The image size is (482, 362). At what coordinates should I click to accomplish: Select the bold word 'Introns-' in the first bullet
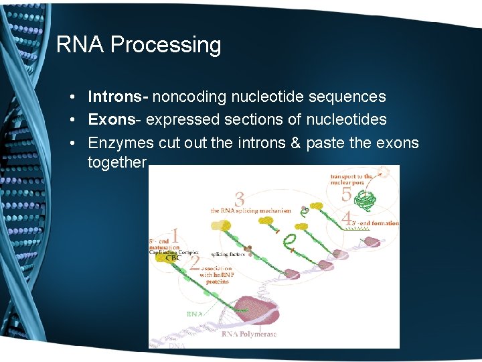[118, 97]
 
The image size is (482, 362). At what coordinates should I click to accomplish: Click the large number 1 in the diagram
[175, 236]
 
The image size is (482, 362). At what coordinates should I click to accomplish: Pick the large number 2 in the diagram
[194, 263]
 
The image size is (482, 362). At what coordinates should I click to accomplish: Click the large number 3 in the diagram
[240, 199]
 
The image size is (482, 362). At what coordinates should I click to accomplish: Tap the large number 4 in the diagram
[347, 218]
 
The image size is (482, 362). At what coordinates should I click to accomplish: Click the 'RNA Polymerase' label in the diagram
[250, 334]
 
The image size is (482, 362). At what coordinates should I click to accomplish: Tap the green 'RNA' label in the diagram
[195, 312]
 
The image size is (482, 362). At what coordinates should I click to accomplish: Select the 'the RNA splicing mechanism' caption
[251, 210]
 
